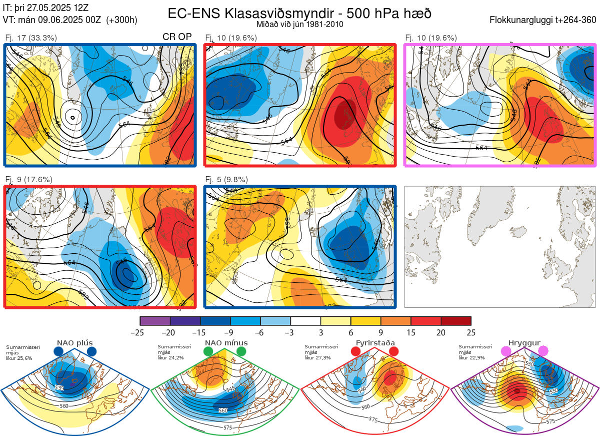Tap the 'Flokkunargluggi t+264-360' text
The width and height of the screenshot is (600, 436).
[x=544, y=20]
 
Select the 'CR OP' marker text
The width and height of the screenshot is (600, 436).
[x=177, y=37]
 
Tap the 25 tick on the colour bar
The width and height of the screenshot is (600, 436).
[x=471, y=332]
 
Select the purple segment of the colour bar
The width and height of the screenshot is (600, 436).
[x=155, y=321]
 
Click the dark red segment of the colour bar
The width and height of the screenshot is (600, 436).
[x=456, y=321]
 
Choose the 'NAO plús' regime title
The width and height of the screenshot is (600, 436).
[x=74, y=343]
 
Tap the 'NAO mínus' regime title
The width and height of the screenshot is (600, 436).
[x=226, y=343]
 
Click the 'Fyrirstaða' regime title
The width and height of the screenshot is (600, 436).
[x=374, y=343]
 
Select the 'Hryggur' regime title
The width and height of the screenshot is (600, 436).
[x=524, y=343]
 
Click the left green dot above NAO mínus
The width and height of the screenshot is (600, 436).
[x=208, y=352]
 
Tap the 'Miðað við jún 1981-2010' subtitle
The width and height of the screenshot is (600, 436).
[x=300, y=24]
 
